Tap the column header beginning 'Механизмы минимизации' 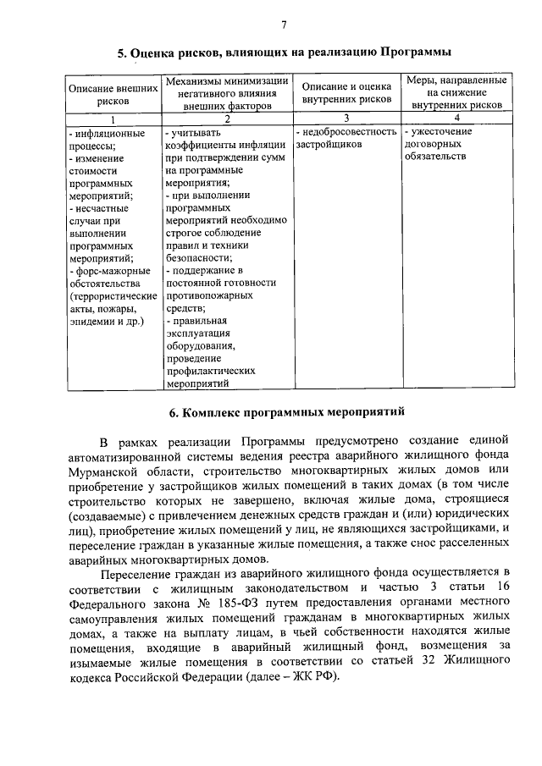(x=226, y=94)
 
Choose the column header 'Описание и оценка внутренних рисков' (x=346, y=93)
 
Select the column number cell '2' (x=226, y=119)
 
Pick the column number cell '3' (x=346, y=119)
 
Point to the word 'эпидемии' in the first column (x=88, y=322)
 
